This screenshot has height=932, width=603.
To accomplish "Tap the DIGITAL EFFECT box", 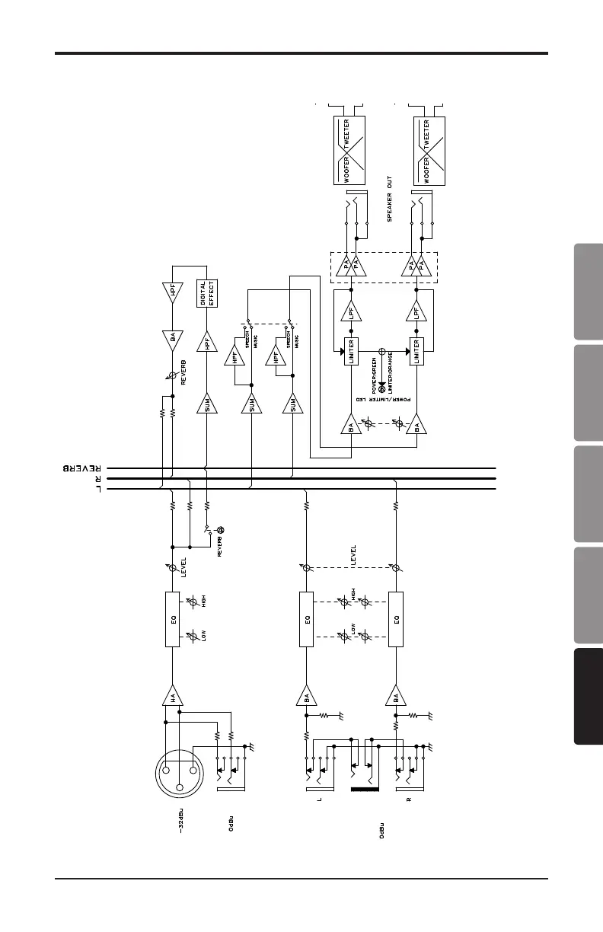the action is coord(208,292).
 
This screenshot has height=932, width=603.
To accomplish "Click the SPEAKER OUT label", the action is coord(389,199).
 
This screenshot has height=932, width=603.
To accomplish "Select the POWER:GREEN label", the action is coord(375,373).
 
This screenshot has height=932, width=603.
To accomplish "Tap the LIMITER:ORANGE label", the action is coord(390,373).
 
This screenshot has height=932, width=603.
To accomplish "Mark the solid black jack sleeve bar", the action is coord(365,790).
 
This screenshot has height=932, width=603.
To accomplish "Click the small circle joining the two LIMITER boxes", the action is coord(382,352).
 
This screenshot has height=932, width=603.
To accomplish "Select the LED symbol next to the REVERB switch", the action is coord(221,530).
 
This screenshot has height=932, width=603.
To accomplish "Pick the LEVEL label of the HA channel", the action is coord(185,569).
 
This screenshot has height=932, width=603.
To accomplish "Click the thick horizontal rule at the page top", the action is coord(301,53).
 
